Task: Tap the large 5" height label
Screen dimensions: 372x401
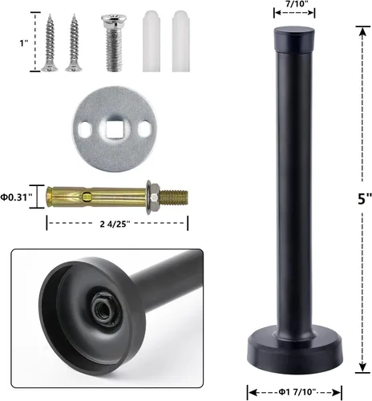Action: [x=365, y=198]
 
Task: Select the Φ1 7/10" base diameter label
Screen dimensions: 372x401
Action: [x=297, y=392]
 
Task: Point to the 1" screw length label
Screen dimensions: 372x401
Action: [x=24, y=43]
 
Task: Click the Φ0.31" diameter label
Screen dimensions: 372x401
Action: [x=17, y=197]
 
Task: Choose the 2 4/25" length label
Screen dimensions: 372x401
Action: [x=115, y=224]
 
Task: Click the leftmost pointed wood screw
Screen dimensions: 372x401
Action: [x=50, y=43]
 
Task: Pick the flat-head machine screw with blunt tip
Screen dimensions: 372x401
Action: [x=114, y=43]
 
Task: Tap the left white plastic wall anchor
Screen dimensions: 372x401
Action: [x=152, y=41]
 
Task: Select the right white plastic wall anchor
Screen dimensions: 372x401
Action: [x=181, y=41]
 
